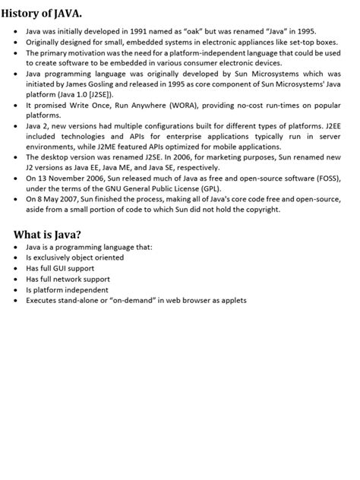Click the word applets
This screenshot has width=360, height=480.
pyautogui.click(x=232, y=300)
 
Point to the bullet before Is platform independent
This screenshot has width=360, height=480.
pyautogui.click(x=17, y=290)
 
